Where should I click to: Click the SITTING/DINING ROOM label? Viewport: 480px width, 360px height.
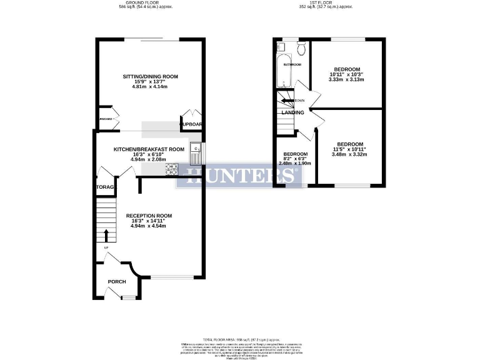(x=150, y=76)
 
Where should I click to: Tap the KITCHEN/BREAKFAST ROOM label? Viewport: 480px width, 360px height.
(x=149, y=149)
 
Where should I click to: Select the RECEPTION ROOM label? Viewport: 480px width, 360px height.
(x=149, y=216)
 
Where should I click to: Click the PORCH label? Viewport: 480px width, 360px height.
(x=117, y=281)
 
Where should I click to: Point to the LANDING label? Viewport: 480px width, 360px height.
(x=292, y=112)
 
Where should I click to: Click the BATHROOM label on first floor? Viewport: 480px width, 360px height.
(x=292, y=64)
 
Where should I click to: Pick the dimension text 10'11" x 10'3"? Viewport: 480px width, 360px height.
(x=346, y=75)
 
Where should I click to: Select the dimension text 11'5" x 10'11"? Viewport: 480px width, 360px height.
(x=349, y=149)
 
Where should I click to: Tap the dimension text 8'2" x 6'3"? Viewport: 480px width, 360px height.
(x=296, y=159)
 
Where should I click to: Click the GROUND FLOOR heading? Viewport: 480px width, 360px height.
(x=145, y=3)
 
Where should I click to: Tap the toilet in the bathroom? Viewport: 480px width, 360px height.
(x=301, y=48)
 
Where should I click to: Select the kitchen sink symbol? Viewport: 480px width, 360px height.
(x=194, y=149)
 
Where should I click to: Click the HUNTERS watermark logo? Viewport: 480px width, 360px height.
(x=240, y=175)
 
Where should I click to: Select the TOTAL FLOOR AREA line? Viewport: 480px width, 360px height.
(x=240, y=338)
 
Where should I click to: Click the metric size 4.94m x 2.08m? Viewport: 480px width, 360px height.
(x=149, y=159)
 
